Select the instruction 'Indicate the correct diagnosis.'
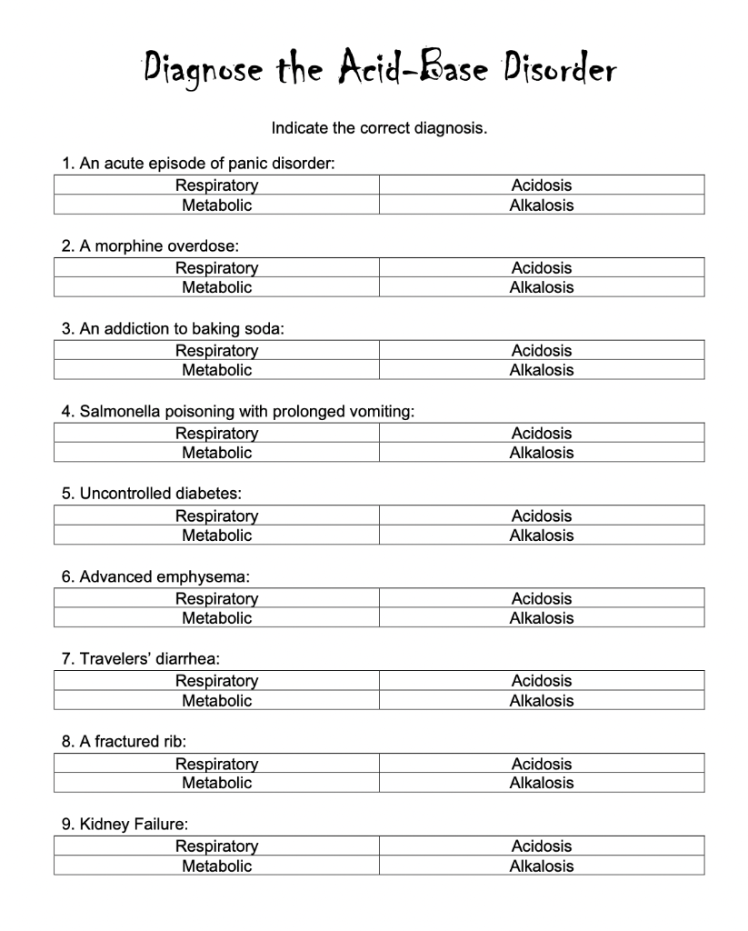[379, 128]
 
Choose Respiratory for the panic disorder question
[216, 185]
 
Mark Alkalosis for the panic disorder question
[541, 205]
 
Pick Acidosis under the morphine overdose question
[541, 268]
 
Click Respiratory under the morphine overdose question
[216, 268]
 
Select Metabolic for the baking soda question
[216, 370]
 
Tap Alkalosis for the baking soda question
[541, 370]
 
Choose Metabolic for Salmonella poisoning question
[216, 453]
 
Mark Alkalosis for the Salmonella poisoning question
[541, 453]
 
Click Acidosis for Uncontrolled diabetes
[541, 516]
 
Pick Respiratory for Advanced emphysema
[216, 599]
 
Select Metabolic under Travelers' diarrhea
[216, 701]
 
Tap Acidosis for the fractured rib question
[541, 764]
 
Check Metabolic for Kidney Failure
[216, 866]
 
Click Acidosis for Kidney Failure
[541, 846]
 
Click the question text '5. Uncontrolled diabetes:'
[151, 494]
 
